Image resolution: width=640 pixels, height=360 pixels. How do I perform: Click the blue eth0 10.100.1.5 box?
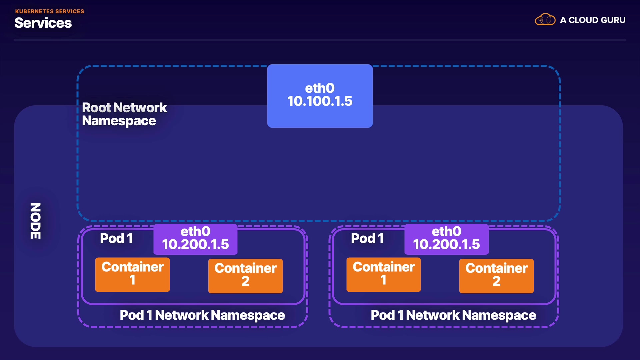(x=320, y=96)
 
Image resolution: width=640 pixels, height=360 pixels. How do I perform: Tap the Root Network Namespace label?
(x=124, y=114)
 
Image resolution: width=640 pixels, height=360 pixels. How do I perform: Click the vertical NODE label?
(x=35, y=221)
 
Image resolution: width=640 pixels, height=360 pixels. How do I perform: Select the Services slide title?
(x=43, y=23)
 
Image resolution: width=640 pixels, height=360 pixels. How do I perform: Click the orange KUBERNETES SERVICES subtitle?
(x=50, y=11)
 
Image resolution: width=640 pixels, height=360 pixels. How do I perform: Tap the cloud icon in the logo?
(x=545, y=19)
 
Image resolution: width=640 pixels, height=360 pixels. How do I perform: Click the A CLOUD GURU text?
(x=593, y=20)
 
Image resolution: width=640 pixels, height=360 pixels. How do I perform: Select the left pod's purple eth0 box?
(x=195, y=239)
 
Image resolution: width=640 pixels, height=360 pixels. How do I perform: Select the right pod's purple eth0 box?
(x=446, y=239)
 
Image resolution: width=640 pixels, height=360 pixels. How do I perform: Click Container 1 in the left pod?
(x=132, y=275)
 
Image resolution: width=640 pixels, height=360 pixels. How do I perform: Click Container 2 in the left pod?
(x=245, y=276)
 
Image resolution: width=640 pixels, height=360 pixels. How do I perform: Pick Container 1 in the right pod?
(x=383, y=275)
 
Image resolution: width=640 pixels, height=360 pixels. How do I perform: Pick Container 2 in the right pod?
(x=496, y=276)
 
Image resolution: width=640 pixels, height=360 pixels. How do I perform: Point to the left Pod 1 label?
(x=116, y=238)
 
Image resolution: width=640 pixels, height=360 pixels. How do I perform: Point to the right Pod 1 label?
(x=367, y=238)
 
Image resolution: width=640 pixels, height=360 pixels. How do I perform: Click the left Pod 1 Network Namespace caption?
(x=202, y=315)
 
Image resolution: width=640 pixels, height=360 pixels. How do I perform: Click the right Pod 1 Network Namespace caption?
(x=453, y=315)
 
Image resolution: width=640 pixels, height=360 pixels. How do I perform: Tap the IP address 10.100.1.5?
(x=320, y=101)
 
